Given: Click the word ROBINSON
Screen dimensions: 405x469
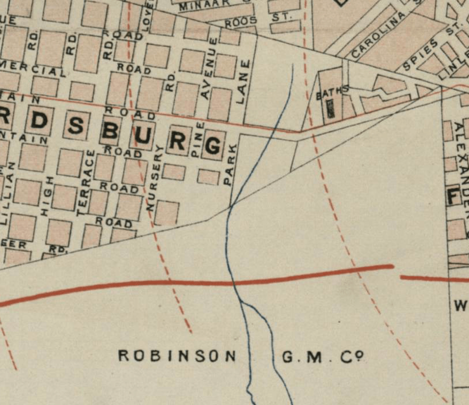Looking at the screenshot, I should click(177, 356).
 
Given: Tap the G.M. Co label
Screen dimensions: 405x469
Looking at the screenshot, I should click(323, 356).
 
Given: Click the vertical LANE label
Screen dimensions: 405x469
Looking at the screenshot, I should click(241, 81).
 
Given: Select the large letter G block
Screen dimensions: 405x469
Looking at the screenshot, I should click(212, 145).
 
